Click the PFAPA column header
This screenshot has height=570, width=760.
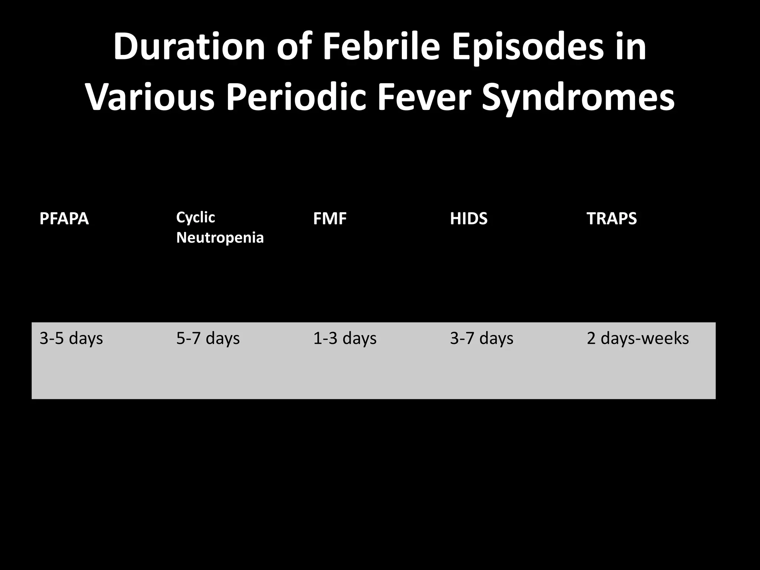64,219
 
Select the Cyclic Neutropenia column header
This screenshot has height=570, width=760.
220,227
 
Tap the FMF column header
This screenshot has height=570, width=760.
330,219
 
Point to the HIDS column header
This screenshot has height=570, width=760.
468,219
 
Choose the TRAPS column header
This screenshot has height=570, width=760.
612,219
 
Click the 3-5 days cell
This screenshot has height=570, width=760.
71,338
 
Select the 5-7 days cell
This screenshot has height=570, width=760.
208,338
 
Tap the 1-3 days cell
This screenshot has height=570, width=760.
345,338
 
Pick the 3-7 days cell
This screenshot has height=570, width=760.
482,338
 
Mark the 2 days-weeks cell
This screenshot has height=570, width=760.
638,338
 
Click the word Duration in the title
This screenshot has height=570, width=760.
189,47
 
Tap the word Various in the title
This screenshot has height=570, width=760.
150,97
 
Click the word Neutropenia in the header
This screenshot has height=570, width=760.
220,237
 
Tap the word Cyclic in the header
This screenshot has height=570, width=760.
196,217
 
